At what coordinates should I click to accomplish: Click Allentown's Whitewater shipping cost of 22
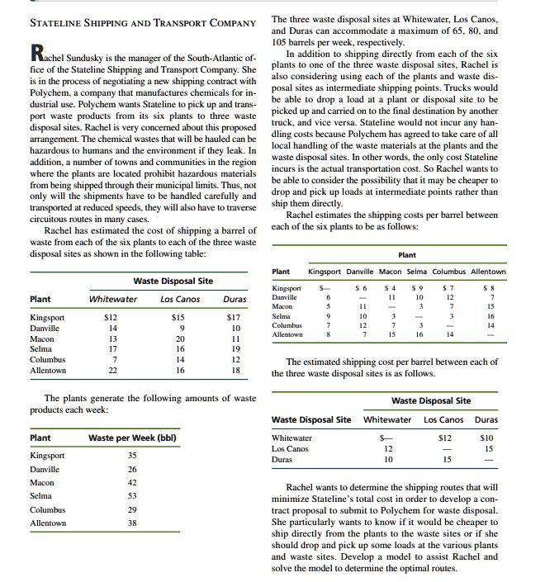coord(115,371)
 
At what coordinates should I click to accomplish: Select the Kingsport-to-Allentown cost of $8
coord(491,288)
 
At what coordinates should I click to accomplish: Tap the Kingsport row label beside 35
coord(47,455)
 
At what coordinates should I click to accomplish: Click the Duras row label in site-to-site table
coord(283,459)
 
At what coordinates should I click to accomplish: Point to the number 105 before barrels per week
coord(282,44)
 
